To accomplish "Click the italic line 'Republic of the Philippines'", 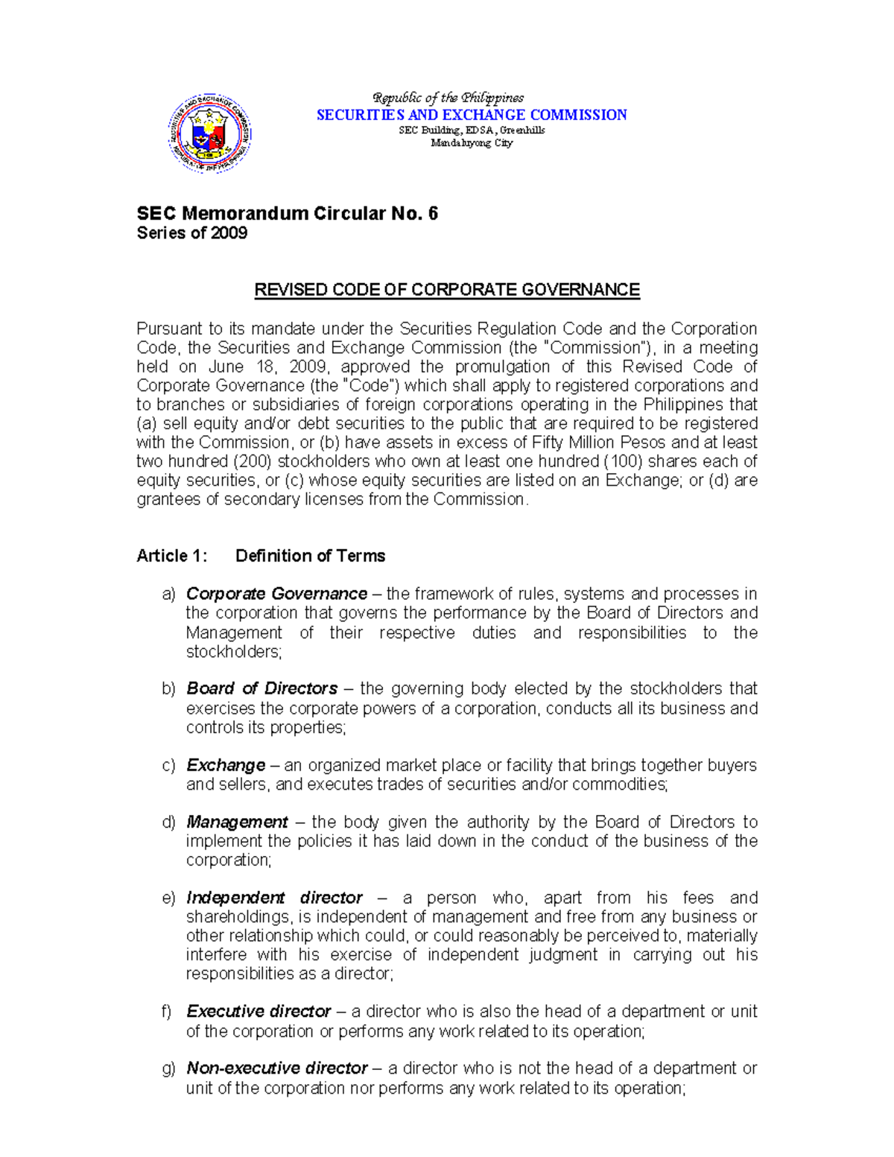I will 448,98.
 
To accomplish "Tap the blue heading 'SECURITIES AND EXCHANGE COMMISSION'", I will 472,115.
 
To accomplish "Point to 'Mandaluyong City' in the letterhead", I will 472,143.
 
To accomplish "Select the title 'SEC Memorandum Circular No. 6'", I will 287,214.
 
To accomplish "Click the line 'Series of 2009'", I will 191,233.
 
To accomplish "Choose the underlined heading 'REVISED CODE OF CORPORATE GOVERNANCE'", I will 447,290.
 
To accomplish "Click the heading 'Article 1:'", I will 171,556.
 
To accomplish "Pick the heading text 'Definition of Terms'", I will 310,556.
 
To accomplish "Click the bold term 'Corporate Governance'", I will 276,594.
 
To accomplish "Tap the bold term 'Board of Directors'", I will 261,688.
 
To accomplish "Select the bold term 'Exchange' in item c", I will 225,765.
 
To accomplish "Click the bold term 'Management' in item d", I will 236,822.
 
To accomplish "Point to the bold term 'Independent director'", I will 274,898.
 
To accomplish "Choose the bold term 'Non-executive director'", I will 276,1068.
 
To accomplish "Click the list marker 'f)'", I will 168,1012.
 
